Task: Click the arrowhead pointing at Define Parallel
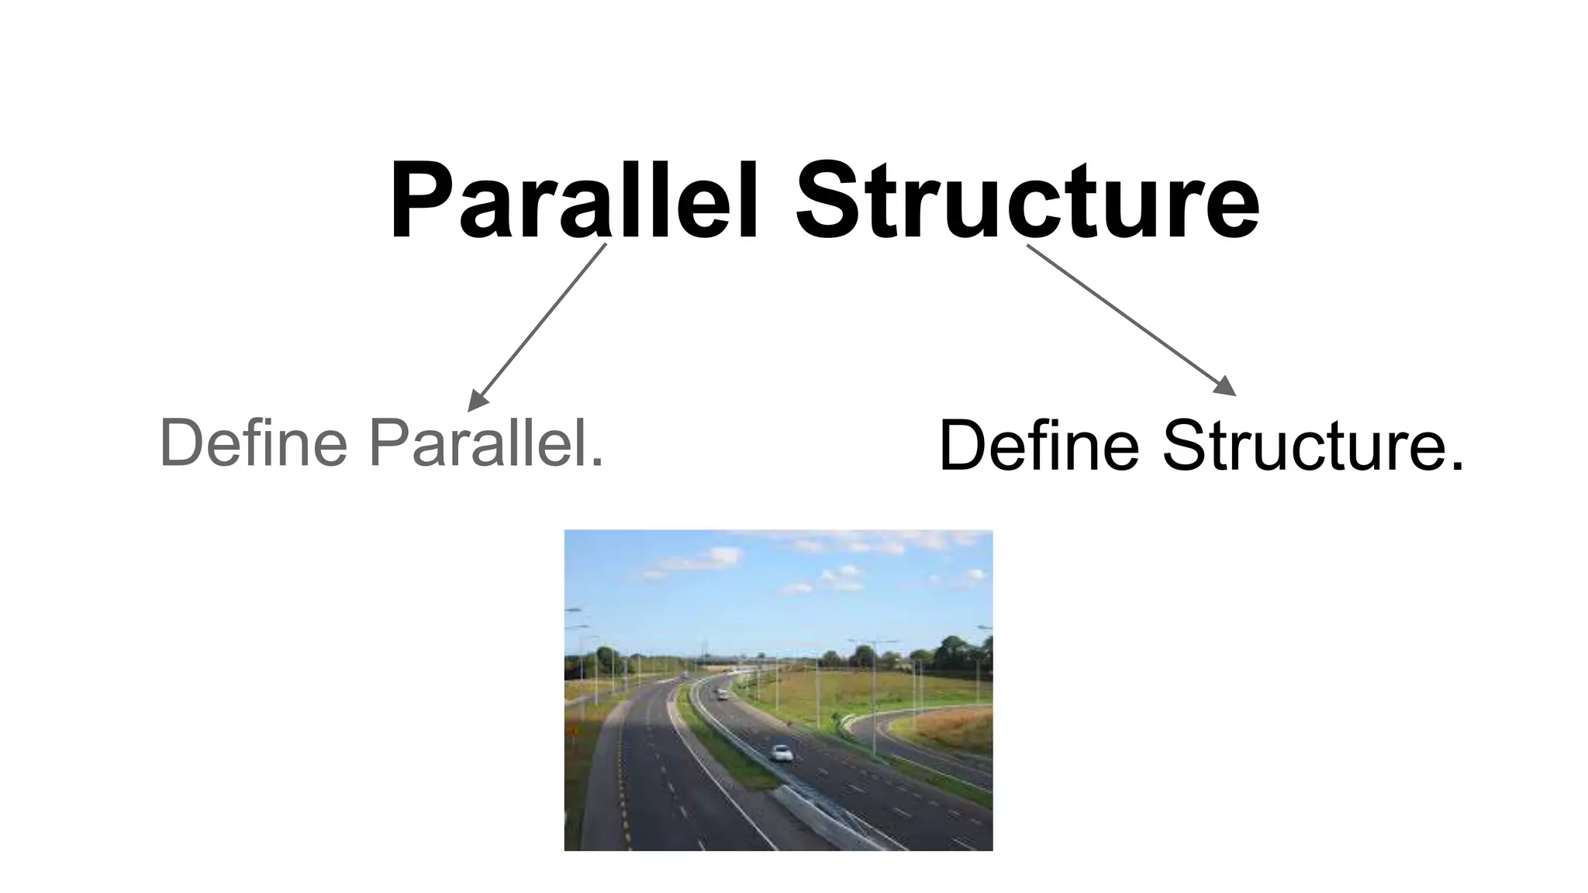click(476, 402)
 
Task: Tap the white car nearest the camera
click(782, 753)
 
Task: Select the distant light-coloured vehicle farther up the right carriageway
click(723, 695)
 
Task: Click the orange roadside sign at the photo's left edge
click(573, 730)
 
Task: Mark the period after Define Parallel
click(596, 463)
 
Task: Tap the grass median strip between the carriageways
click(725, 744)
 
